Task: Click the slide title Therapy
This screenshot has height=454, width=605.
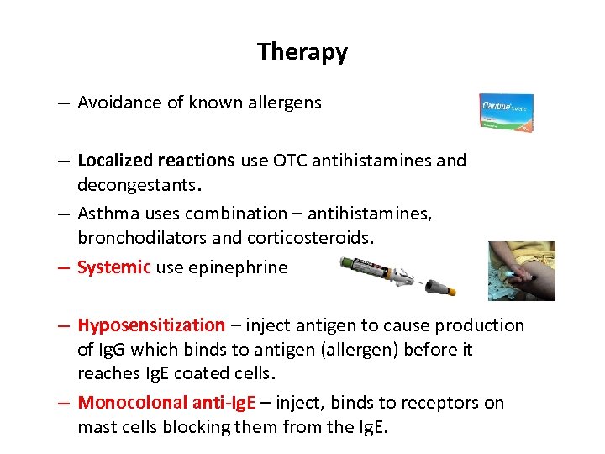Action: [302, 52]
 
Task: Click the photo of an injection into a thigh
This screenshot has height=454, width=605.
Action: [521, 271]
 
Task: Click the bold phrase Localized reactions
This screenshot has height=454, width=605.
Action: [156, 160]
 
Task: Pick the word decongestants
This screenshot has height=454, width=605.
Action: [138, 182]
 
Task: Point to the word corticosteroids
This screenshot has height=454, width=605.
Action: [308, 237]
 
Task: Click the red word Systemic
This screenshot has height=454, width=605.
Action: [113, 267]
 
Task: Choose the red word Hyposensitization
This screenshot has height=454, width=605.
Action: [151, 325]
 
